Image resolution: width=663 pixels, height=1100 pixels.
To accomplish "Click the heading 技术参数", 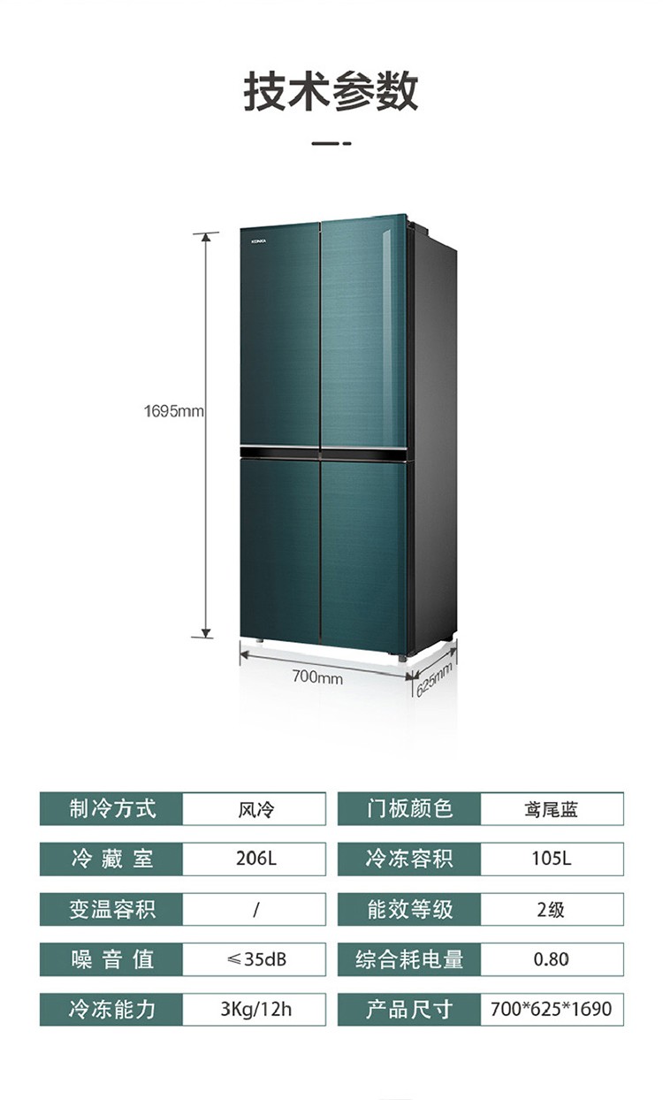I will [x=331, y=92].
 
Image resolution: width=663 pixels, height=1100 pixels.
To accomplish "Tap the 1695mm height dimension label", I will [x=174, y=411].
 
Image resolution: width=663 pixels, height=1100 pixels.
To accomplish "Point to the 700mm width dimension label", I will [x=317, y=677].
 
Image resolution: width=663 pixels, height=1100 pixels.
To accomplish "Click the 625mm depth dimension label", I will [x=434, y=677].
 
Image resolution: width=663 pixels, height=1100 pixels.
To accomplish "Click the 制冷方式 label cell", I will [x=111, y=808].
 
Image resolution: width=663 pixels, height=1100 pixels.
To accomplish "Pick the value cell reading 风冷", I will [x=254, y=808].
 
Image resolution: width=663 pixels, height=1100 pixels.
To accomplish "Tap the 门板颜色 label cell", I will [x=409, y=808].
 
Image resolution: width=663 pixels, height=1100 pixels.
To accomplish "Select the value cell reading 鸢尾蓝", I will [x=552, y=808].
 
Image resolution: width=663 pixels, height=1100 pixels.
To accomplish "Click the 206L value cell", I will [x=254, y=859].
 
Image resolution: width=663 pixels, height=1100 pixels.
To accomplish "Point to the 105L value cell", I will [x=552, y=859].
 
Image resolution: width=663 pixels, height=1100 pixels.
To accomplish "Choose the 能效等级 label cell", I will [x=409, y=909].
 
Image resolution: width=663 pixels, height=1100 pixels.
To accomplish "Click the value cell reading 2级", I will [x=552, y=909].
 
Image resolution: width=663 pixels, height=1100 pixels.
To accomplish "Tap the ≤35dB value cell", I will [x=254, y=959].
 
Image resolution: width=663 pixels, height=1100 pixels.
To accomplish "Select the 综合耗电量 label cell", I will [x=409, y=959].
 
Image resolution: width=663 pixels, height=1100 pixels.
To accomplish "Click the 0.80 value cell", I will [x=552, y=959].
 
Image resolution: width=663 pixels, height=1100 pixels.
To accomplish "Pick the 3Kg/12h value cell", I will [x=254, y=1009].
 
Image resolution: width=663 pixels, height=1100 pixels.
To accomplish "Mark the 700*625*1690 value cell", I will [x=552, y=1009].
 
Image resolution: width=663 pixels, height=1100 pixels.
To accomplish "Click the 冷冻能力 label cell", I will [x=111, y=1009].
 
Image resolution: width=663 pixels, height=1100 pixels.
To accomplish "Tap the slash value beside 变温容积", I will [x=254, y=909].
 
